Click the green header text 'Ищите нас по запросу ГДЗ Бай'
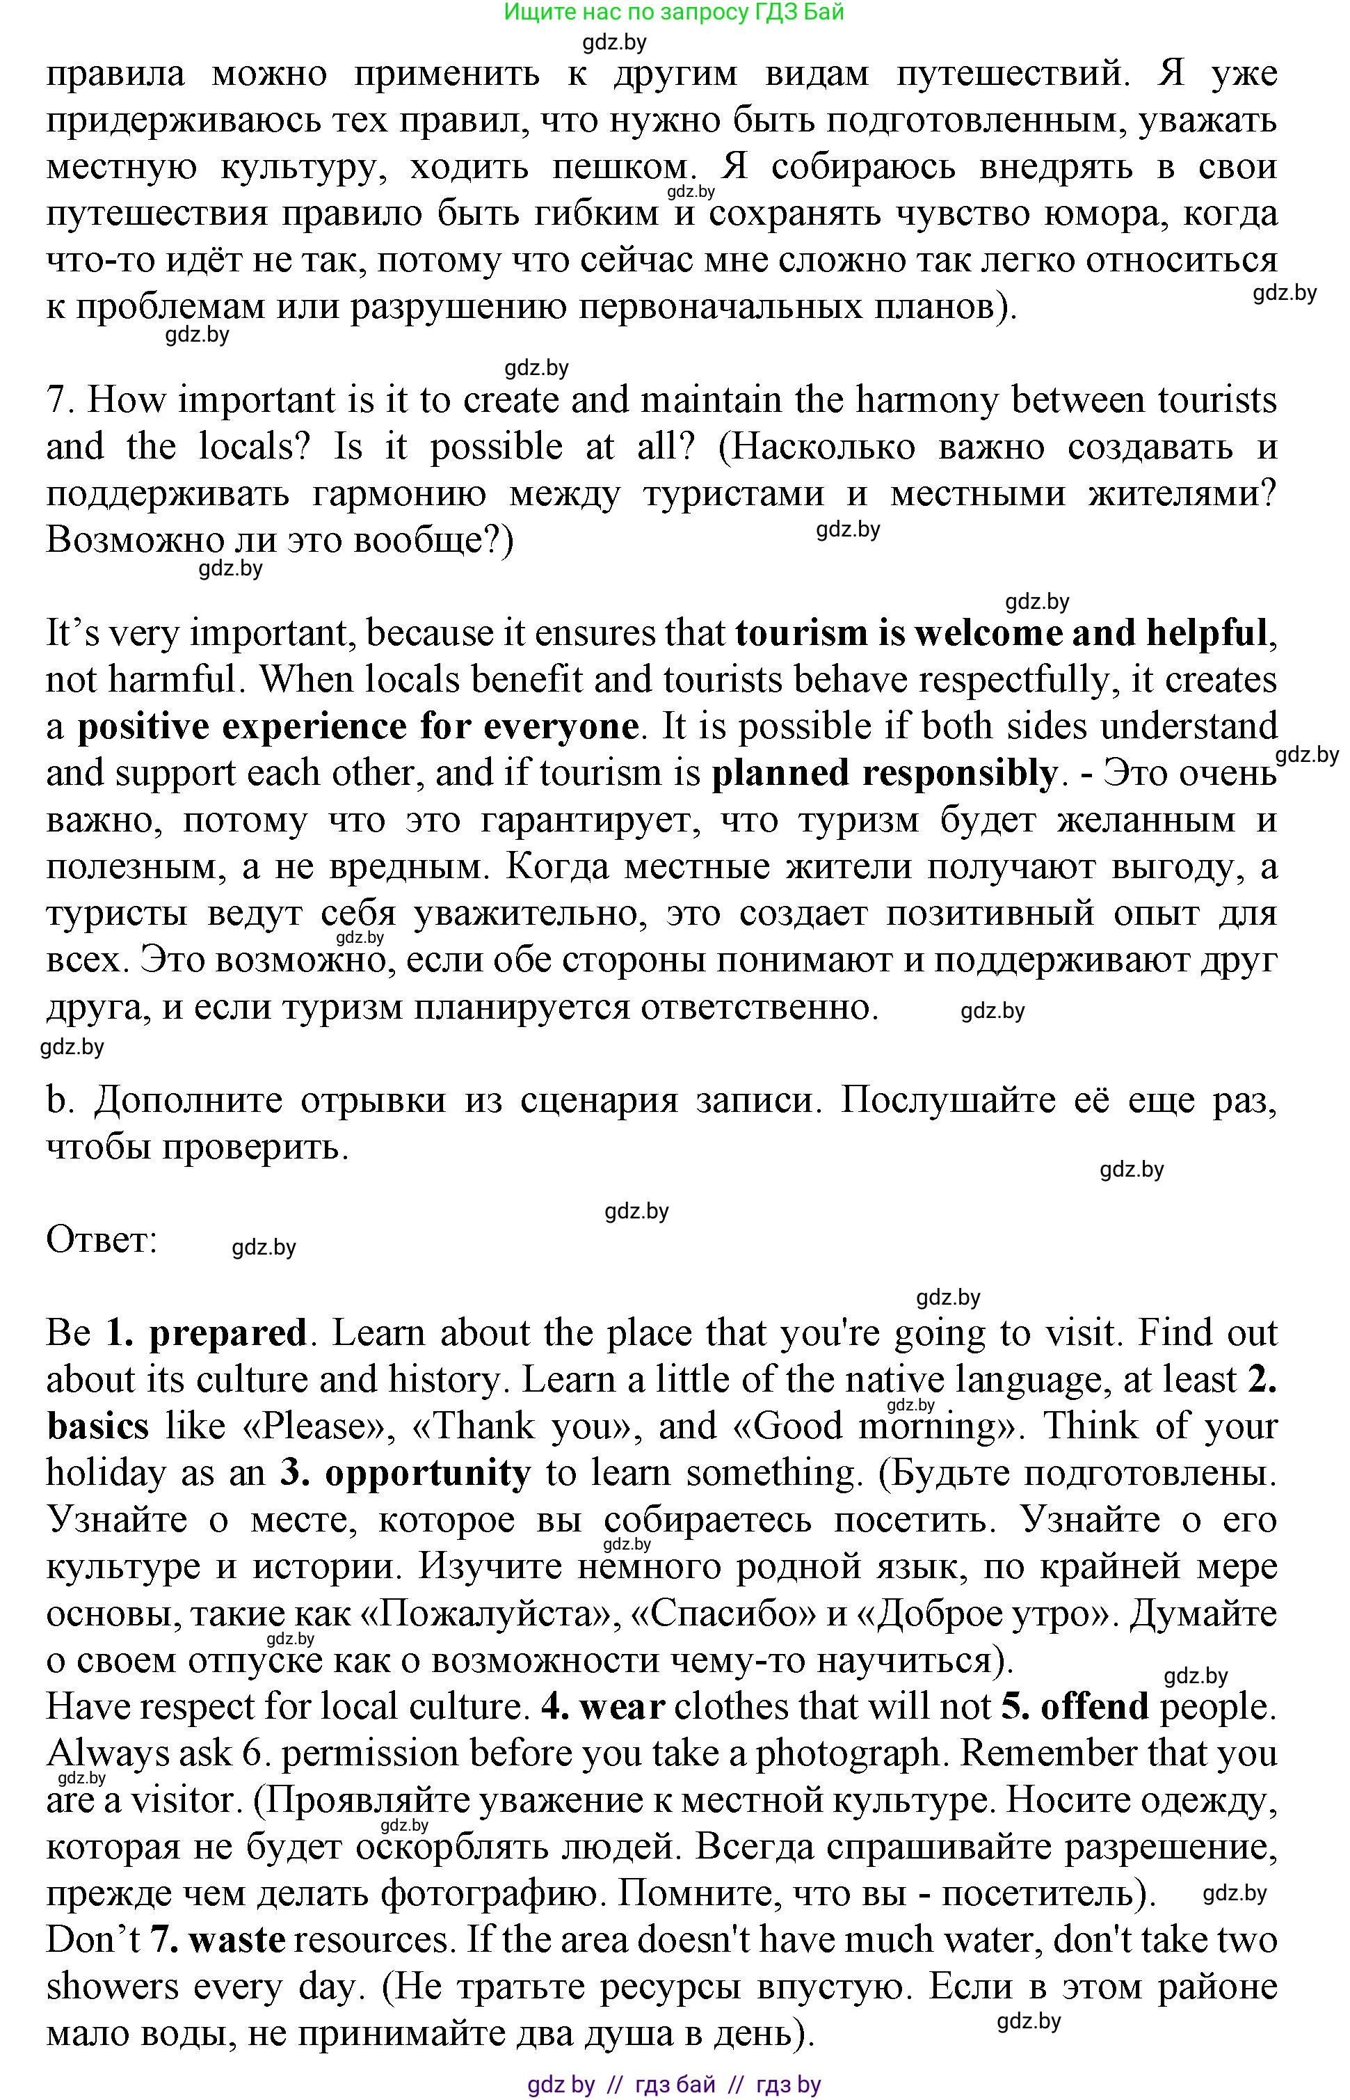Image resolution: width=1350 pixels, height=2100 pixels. (673, 13)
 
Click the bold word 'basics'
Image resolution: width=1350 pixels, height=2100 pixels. (97, 1426)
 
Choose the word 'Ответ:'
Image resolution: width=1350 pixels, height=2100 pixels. (102, 1240)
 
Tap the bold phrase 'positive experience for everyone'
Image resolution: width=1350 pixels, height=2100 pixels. (357, 727)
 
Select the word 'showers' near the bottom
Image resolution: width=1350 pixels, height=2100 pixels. (111, 1987)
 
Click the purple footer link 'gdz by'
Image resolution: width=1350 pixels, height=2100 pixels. (561, 2084)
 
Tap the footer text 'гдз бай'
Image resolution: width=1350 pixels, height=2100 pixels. (675, 2084)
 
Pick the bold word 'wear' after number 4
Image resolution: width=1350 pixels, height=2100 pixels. (622, 1706)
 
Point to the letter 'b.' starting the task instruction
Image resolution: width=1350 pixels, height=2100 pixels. (58, 1099)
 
